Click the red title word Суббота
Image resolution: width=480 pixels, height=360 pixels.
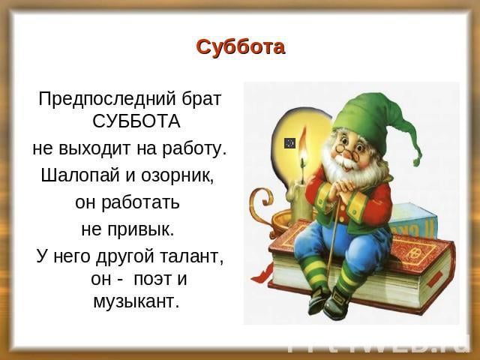coord(240,47)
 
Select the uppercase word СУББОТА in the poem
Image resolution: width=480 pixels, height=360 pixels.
coord(136,121)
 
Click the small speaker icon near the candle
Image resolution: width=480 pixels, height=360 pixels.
coord(289,142)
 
